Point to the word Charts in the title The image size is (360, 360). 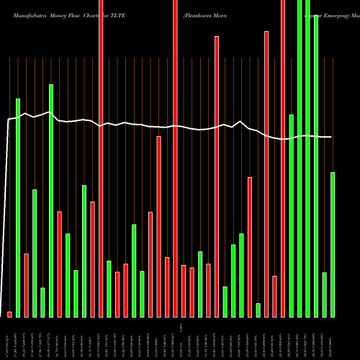coord(99,14)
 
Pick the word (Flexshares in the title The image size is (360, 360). coord(199,14)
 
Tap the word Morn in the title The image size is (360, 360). coord(229,14)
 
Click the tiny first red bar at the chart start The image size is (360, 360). coord(10,314)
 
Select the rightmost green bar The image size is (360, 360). coord(333,245)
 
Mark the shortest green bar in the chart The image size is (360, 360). coord(258,310)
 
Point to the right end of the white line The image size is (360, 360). coord(331,137)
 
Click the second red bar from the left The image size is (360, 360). coord(27,285)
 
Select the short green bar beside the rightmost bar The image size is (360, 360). coord(324,294)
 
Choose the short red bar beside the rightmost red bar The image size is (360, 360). coord(274,296)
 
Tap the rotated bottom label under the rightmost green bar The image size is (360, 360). coord(333,338)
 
